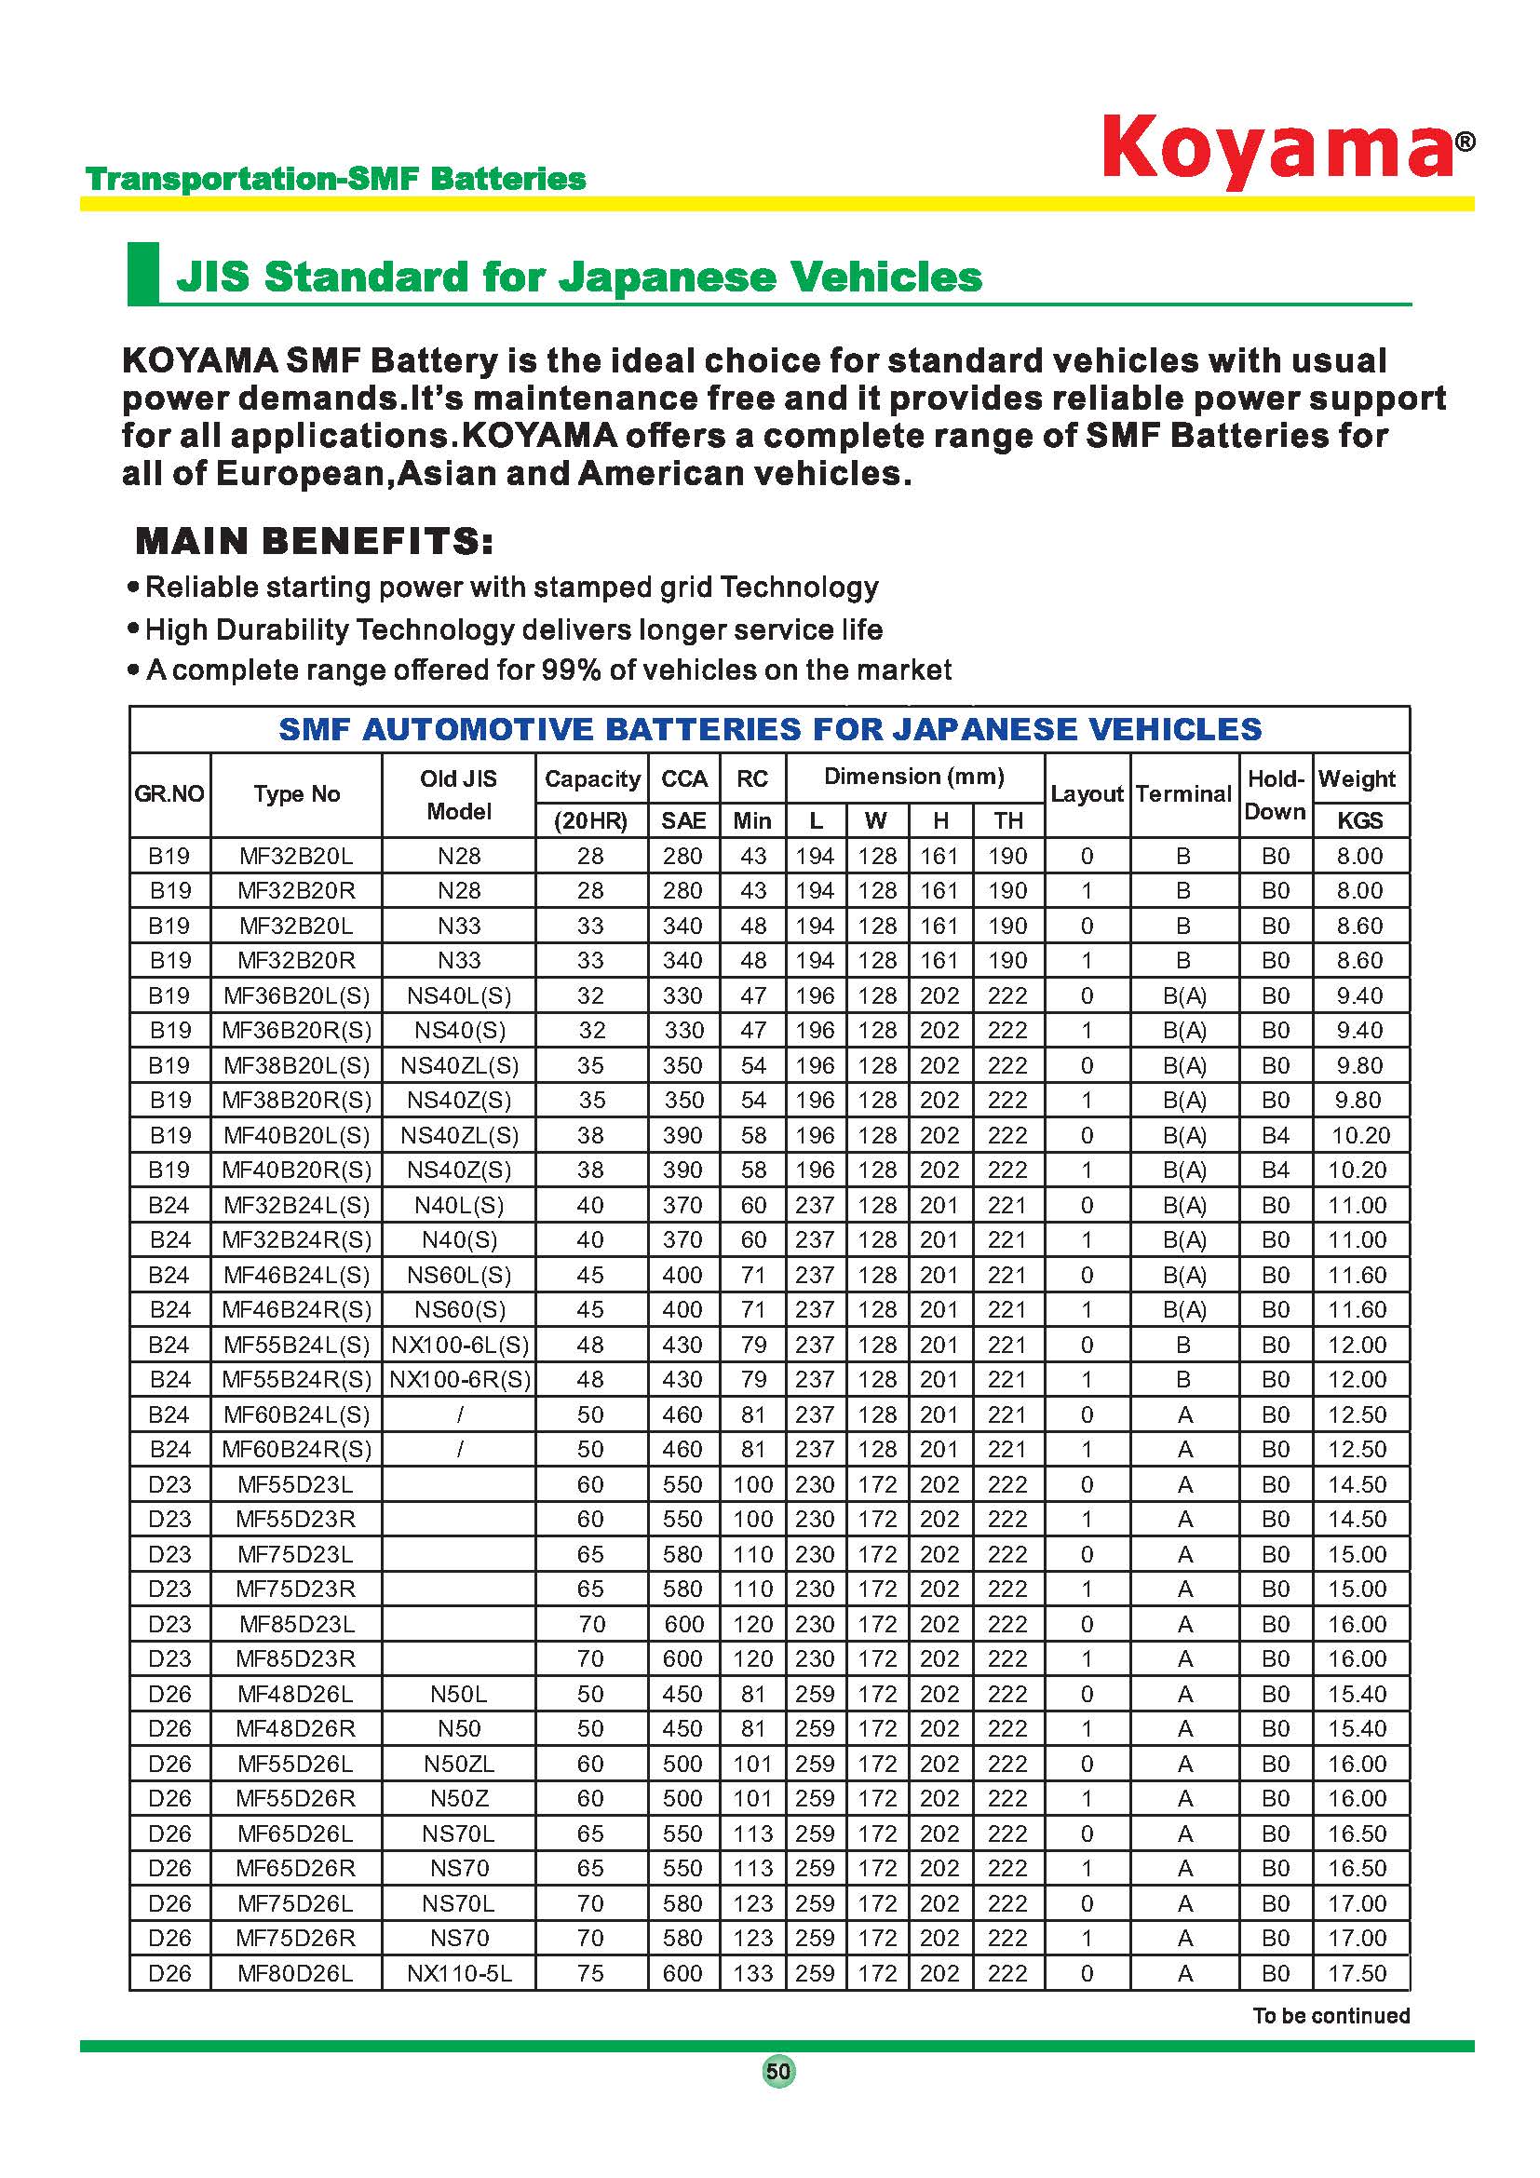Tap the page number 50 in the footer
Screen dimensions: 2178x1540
coord(778,2071)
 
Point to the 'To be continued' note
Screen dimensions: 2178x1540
coord(1331,2015)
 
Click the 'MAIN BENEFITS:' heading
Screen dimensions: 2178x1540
coord(314,542)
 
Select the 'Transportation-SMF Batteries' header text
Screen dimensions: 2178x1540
coord(336,179)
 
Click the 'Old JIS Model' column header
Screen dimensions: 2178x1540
coord(459,795)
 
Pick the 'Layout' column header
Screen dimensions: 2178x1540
coord(1087,794)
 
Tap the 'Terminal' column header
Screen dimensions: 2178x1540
coord(1183,794)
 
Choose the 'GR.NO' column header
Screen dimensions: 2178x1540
coord(169,794)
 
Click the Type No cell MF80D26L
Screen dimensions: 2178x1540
coord(296,1973)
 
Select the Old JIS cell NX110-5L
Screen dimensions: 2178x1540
coord(459,1973)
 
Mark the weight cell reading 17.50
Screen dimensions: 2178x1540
coord(1358,1973)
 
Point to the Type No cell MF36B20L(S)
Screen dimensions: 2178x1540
coord(296,996)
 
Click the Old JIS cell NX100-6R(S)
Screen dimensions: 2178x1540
coord(459,1379)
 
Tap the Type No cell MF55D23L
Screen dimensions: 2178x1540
coord(296,1484)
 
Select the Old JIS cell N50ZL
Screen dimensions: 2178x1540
coord(459,1764)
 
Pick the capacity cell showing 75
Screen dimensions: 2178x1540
coord(591,1973)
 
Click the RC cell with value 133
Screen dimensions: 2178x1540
coord(753,1973)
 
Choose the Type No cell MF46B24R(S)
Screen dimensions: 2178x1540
coord(296,1310)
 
